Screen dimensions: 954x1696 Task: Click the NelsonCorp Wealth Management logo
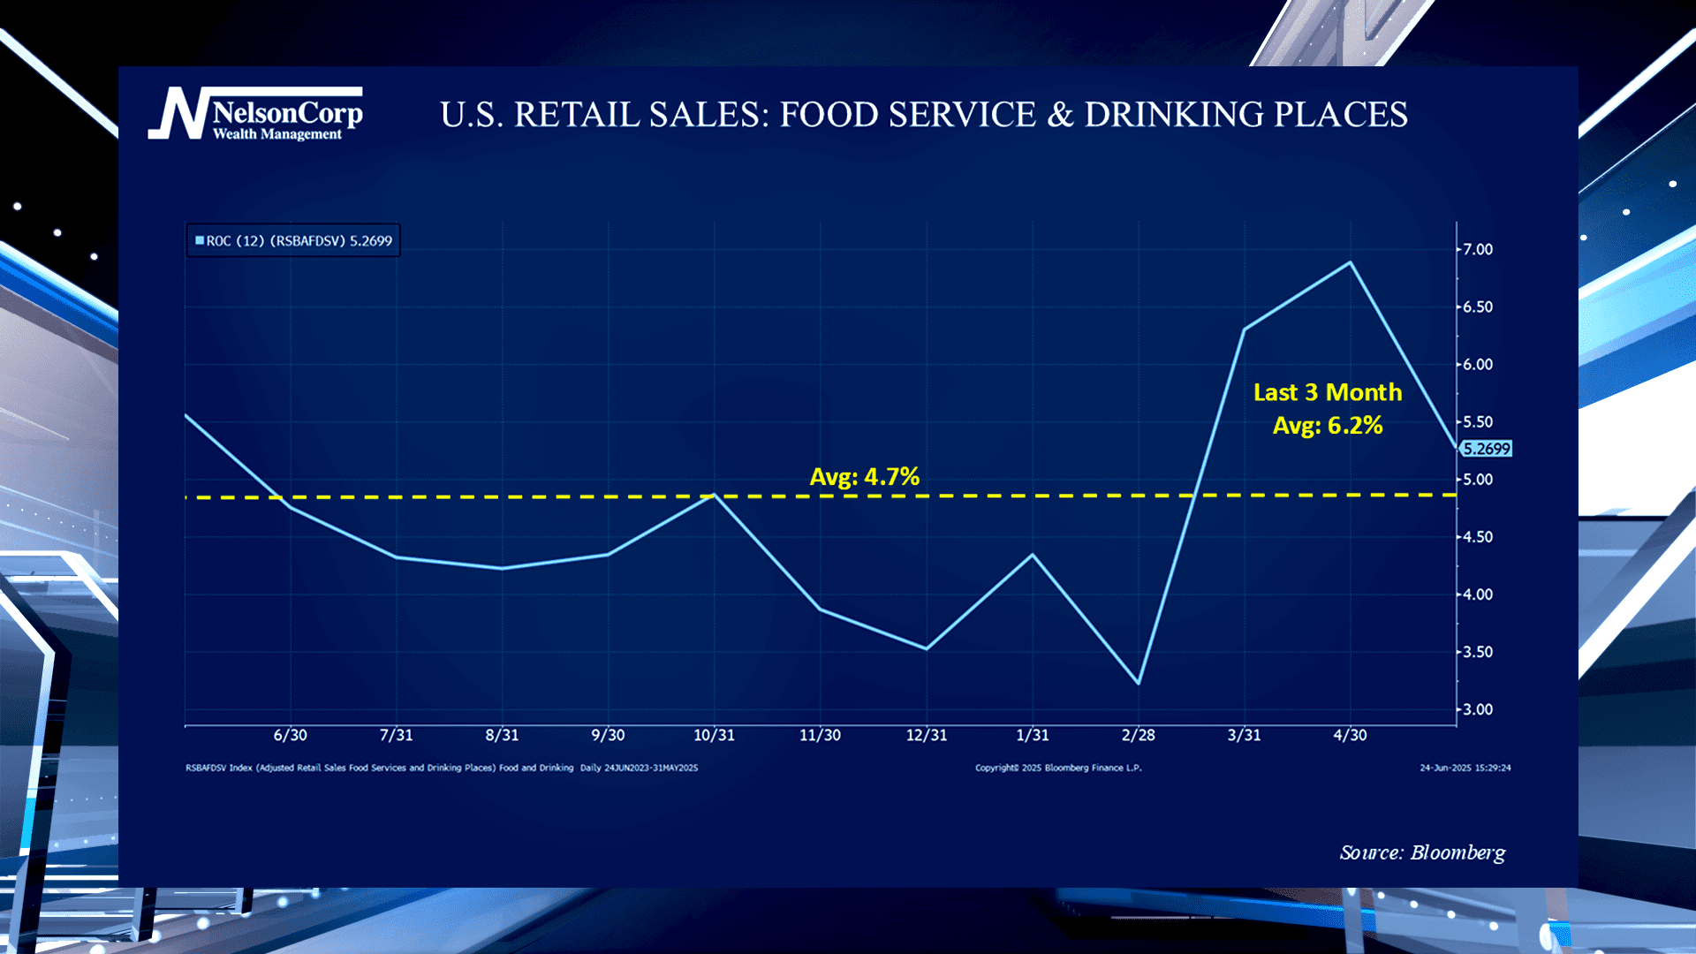256,114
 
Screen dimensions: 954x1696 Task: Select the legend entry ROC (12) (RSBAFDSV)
293,240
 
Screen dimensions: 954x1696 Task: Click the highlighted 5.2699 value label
1486,449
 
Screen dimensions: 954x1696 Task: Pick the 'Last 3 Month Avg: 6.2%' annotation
1327,409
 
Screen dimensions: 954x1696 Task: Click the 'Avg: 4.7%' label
864,477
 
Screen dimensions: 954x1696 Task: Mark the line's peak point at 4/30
1350,262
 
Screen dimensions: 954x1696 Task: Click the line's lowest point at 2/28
1138,683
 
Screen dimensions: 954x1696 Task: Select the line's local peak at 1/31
1032,555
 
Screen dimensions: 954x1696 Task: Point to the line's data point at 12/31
926,648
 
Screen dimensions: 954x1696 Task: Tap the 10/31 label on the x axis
714,735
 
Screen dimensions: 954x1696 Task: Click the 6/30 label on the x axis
290,735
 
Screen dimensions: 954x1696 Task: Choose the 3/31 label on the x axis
1244,735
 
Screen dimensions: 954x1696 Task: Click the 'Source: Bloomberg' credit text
1422,852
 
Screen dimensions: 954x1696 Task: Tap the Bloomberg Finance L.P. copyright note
1058,768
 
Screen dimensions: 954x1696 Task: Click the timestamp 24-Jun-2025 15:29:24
1465,768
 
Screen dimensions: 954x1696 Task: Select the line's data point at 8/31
502,568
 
